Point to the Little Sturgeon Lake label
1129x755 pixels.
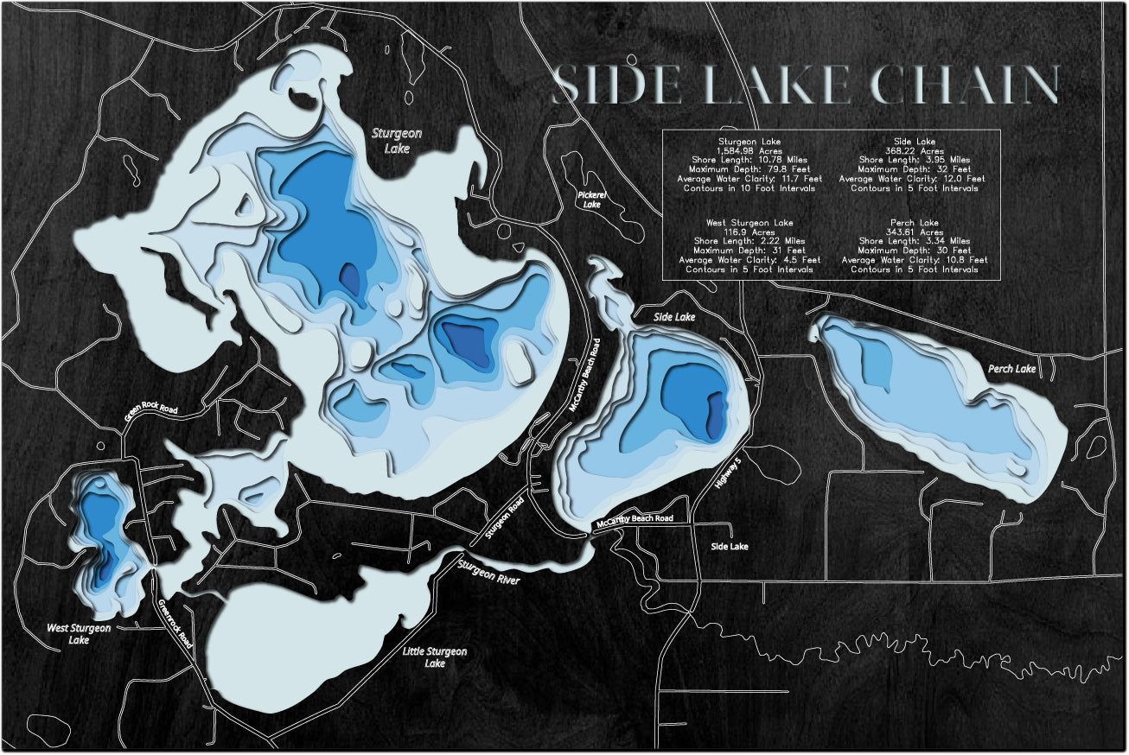pyautogui.click(x=435, y=657)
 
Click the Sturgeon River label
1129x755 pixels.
pyautogui.click(x=488, y=571)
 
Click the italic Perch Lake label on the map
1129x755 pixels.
pyautogui.click(x=1011, y=369)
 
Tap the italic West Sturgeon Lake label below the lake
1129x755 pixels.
pyautogui.click(x=79, y=634)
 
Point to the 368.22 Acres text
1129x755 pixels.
pyautogui.click(x=915, y=150)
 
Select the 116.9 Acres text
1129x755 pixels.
pyautogui.click(x=749, y=232)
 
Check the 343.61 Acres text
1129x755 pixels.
pyautogui.click(x=915, y=232)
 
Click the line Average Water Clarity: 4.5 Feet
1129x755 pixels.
pyautogui.click(x=749, y=259)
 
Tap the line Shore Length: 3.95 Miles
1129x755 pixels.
pyautogui.click(x=915, y=160)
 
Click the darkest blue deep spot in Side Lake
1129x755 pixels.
pyautogui.click(x=716, y=415)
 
